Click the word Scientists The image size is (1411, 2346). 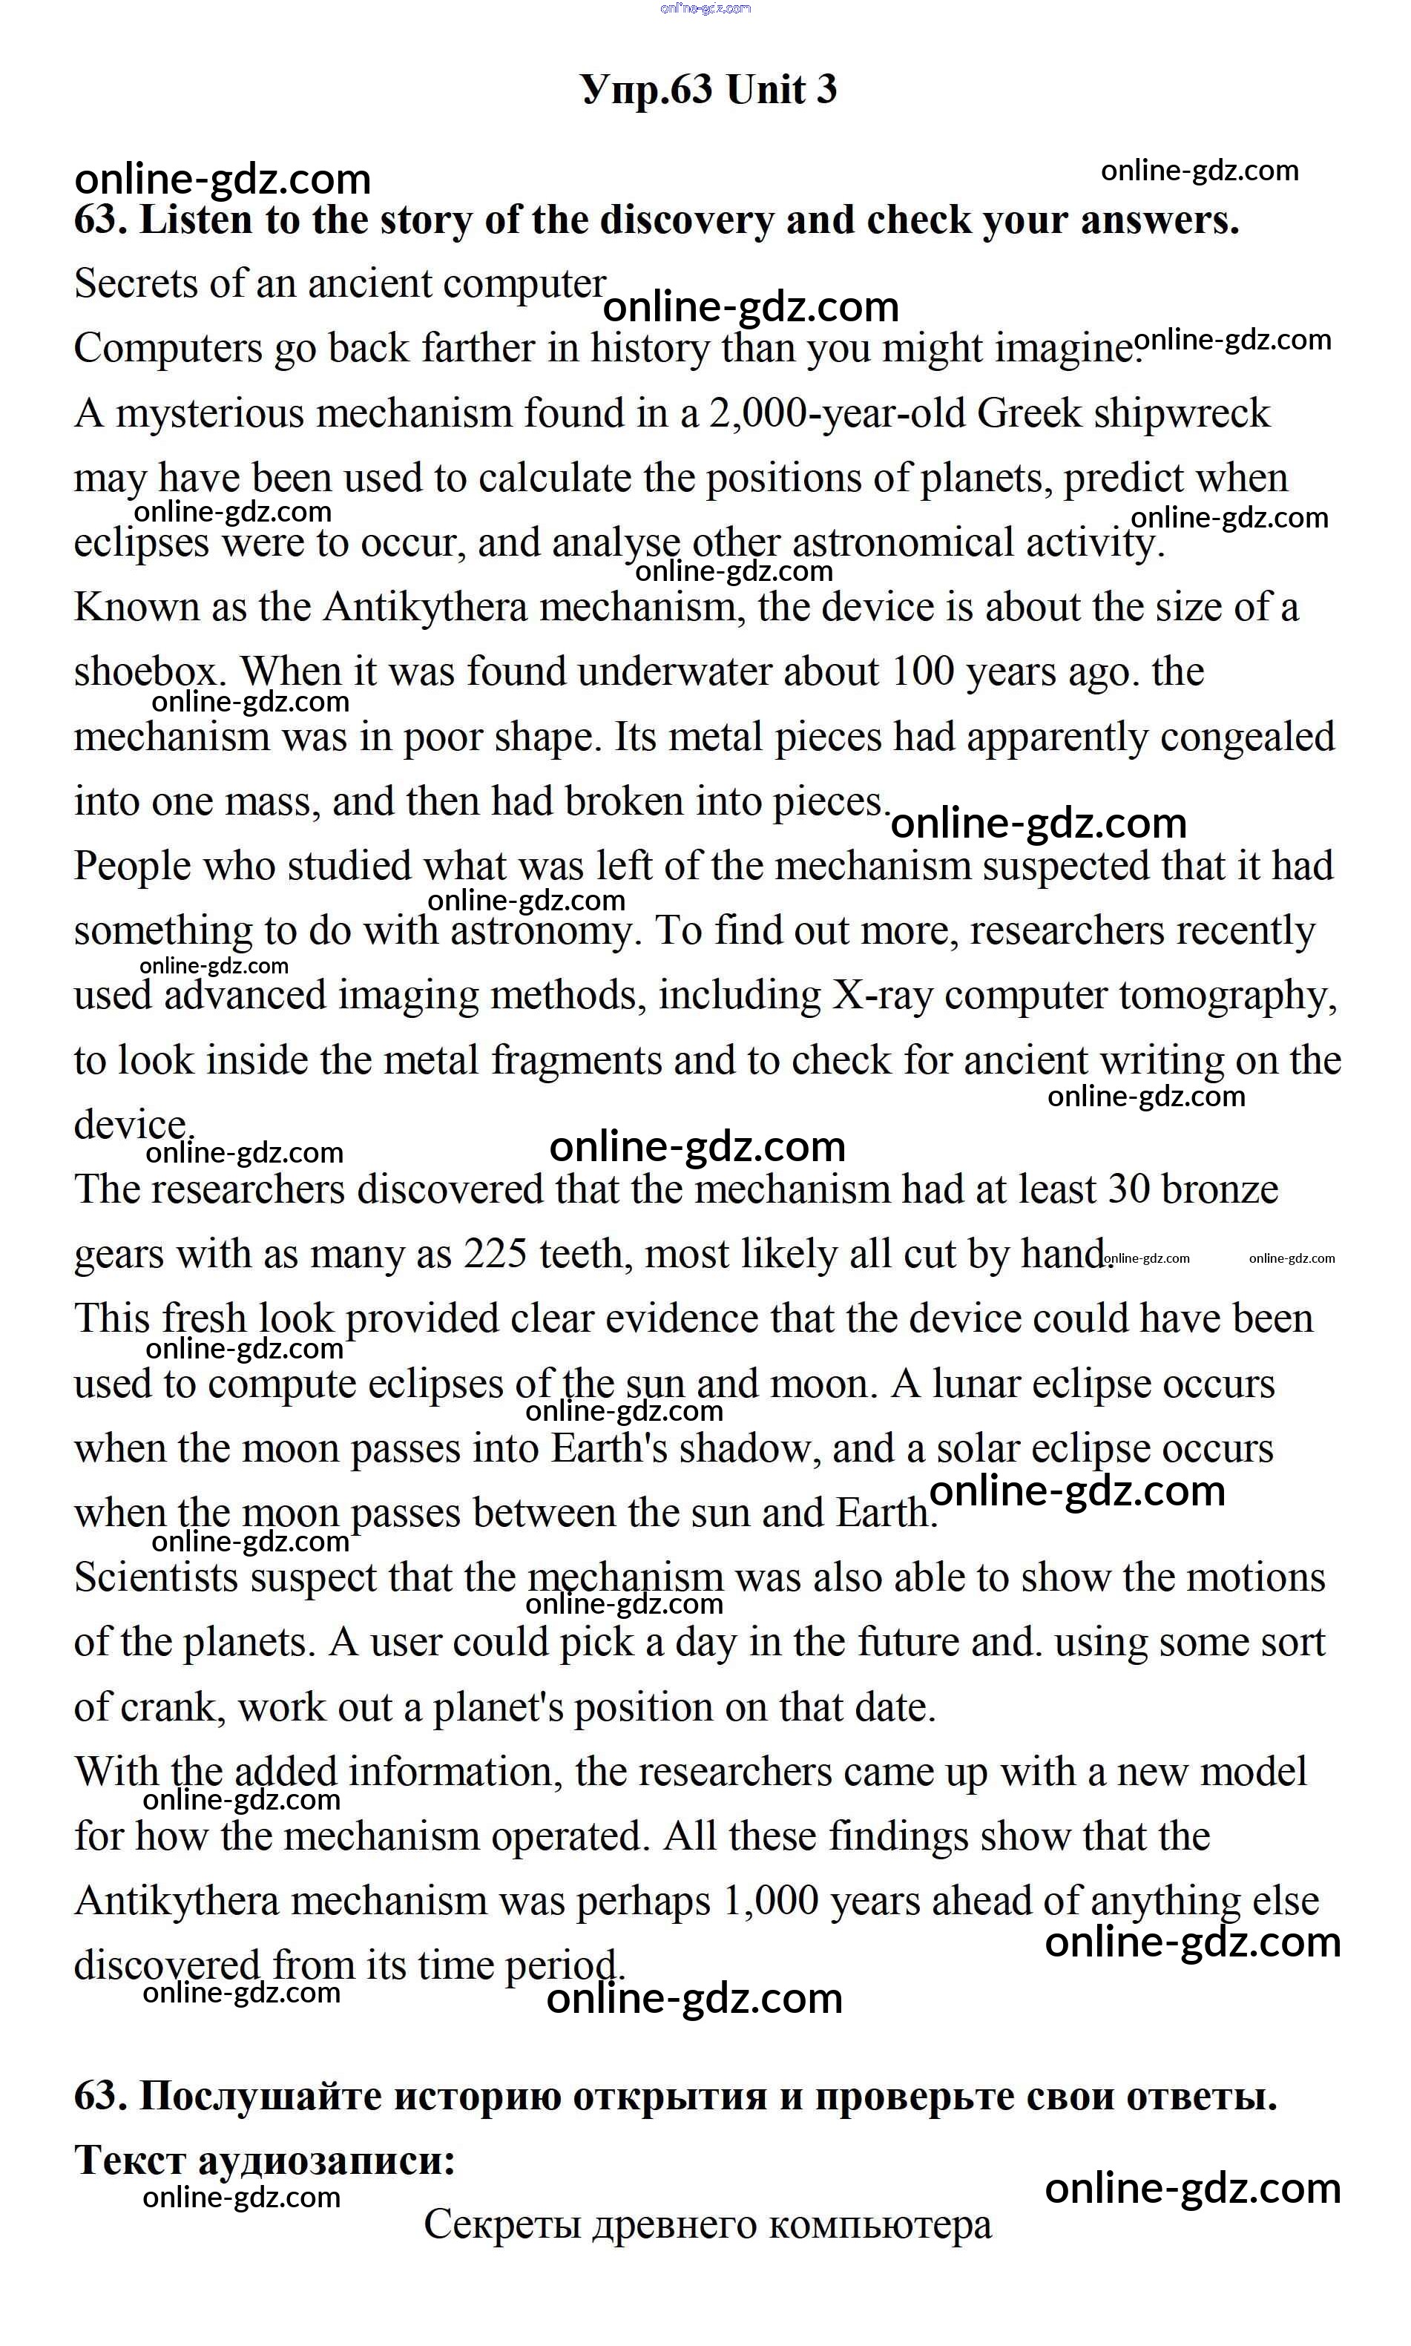[156, 1577]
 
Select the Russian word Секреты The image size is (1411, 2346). [502, 2224]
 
